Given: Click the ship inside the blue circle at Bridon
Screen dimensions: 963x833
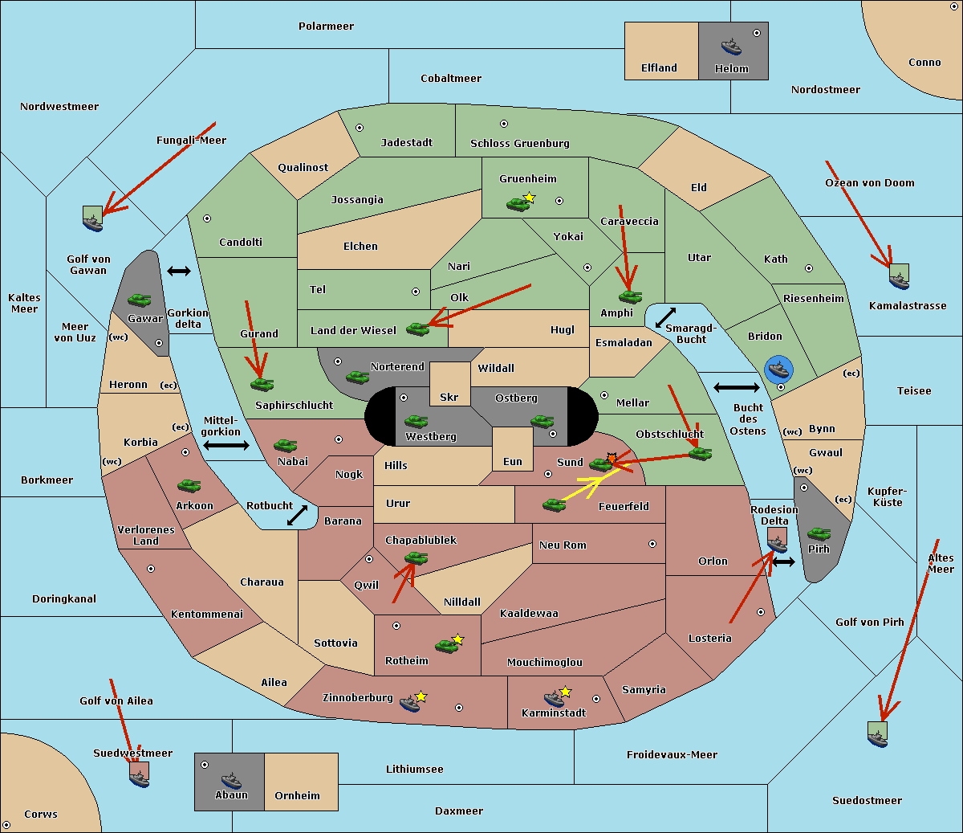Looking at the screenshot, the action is tap(778, 369).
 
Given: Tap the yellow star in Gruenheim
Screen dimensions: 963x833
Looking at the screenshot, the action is tap(530, 198).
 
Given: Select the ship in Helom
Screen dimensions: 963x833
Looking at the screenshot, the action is tap(731, 46).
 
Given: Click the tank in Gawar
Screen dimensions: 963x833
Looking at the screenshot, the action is tap(140, 300).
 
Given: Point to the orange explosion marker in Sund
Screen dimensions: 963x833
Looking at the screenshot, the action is tap(612, 458).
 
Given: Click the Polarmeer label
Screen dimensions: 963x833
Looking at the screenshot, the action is tap(326, 27).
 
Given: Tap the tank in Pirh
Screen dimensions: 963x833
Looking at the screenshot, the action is tap(819, 533).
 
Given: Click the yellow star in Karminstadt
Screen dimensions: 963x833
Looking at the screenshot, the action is tap(565, 692).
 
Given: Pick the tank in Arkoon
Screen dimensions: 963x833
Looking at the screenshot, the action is tap(189, 485).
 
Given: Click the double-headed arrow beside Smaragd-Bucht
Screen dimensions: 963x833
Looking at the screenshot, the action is tap(665, 317).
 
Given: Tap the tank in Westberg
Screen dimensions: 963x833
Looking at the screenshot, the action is tap(416, 421).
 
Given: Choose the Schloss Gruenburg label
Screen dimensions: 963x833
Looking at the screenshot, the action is tap(519, 143).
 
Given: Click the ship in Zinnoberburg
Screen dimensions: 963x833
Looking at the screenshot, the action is tap(410, 704).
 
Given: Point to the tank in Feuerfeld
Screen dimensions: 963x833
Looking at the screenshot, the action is tap(554, 504).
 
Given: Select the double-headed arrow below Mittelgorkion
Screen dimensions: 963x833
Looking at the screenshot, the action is tap(226, 445).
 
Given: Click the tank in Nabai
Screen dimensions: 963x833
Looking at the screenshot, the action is tap(285, 445).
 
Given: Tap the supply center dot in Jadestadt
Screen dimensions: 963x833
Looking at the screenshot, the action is tap(360, 128).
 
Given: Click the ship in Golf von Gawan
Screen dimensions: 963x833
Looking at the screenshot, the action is tap(93, 223).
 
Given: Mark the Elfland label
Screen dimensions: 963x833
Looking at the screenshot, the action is tap(659, 68).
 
